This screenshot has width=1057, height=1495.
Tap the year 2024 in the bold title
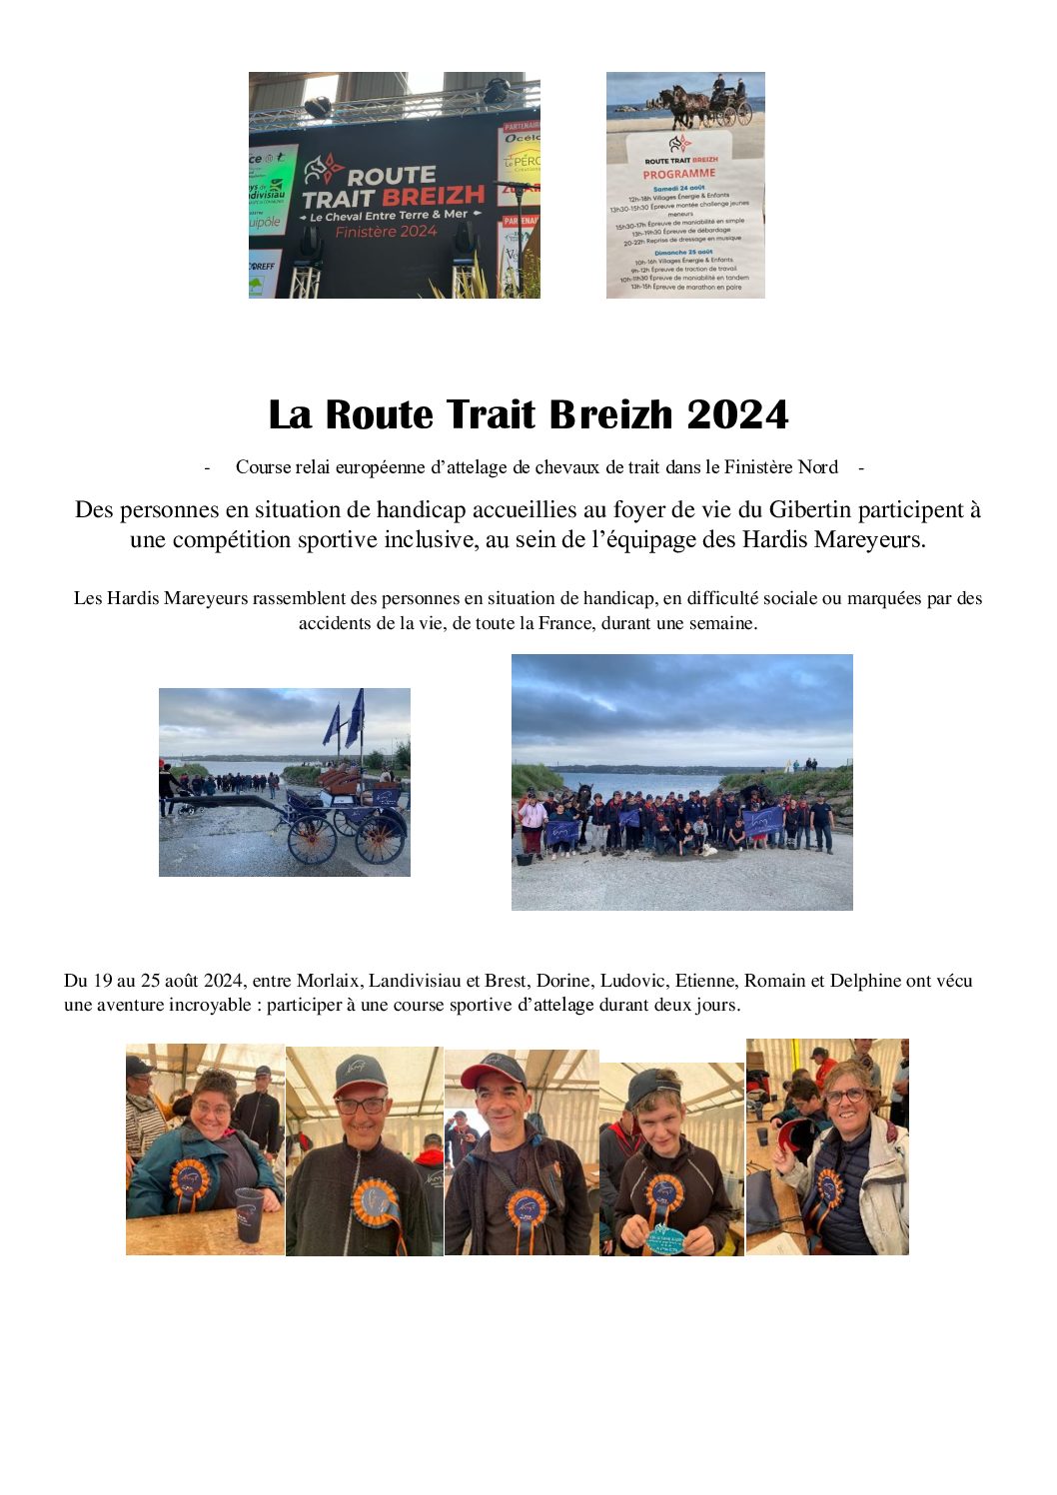pos(738,414)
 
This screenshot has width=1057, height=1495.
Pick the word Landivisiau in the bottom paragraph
pos(416,981)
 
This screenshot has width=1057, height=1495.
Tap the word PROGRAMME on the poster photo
pos(679,174)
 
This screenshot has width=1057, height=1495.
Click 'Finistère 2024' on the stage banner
pos(387,232)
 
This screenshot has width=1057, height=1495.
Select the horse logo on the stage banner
pos(324,171)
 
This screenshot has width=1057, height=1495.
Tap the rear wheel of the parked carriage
pos(380,841)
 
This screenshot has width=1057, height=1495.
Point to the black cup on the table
pos(249,1212)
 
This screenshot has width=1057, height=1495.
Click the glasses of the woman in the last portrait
pos(845,1096)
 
